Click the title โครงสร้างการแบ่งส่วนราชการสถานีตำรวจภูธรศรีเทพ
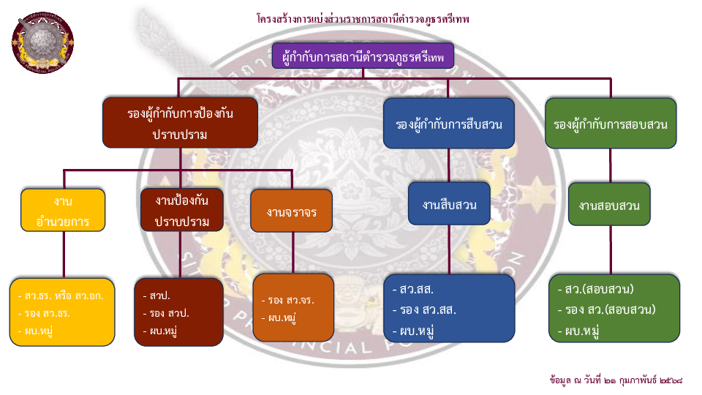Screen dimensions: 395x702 (x=363, y=18)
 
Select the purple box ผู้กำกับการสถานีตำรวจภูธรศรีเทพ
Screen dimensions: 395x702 (x=363, y=56)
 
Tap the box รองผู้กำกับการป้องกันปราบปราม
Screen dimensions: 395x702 (x=180, y=124)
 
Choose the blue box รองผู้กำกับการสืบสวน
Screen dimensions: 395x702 (x=448, y=124)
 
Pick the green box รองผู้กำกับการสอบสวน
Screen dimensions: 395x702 (x=611, y=124)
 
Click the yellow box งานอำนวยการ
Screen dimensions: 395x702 (x=63, y=210)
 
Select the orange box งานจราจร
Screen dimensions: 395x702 (x=291, y=213)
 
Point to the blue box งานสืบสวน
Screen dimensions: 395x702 (x=449, y=204)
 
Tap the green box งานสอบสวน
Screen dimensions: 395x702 (x=609, y=204)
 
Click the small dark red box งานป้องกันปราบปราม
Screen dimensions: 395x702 (x=182, y=210)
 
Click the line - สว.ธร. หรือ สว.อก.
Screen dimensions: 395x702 (x=61, y=296)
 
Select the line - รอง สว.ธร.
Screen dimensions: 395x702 (x=44, y=313)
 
